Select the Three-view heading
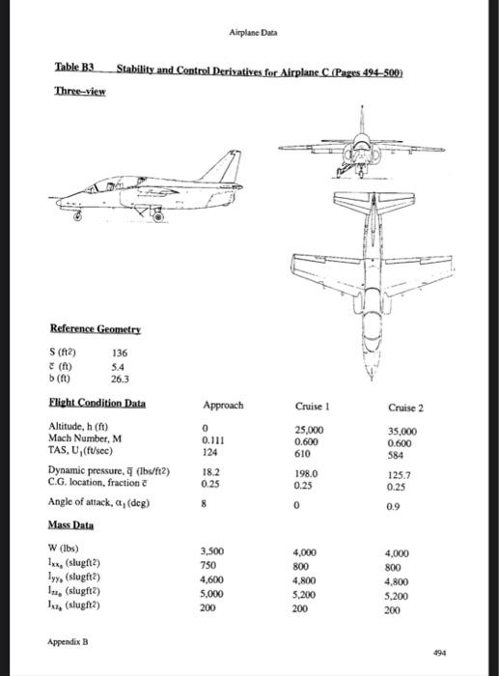point(79,90)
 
